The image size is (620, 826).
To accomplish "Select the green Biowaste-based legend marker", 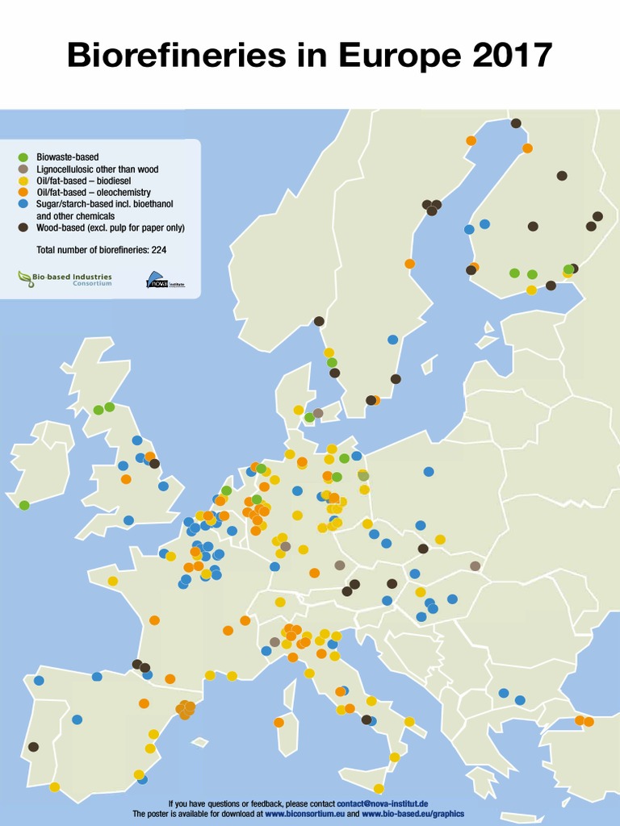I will pyautogui.click(x=23, y=156).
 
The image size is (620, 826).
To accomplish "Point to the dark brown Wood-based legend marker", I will pyautogui.click(x=23, y=228).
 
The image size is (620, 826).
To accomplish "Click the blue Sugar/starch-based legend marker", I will pyautogui.click(x=23, y=205).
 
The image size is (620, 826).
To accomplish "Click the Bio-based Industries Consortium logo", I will pyautogui.click(x=65, y=279).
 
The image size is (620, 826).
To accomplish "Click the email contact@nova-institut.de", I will pyautogui.click(x=382, y=804).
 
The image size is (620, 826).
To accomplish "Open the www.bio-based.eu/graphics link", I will pyautogui.click(x=413, y=815).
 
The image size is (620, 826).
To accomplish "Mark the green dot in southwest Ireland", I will pyautogui.click(x=24, y=505).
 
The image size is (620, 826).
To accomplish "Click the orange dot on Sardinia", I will pyautogui.click(x=279, y=722).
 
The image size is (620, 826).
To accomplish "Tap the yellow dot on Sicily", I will pyautogui.click(x=379, y=789).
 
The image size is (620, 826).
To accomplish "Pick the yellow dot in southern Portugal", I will pyautogui.click(x=54, y=786).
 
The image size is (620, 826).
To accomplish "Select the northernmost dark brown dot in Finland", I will pyautogui.click(x=516, y=123).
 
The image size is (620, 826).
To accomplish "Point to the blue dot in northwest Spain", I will pyautogui.click(x=39, y=681).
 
